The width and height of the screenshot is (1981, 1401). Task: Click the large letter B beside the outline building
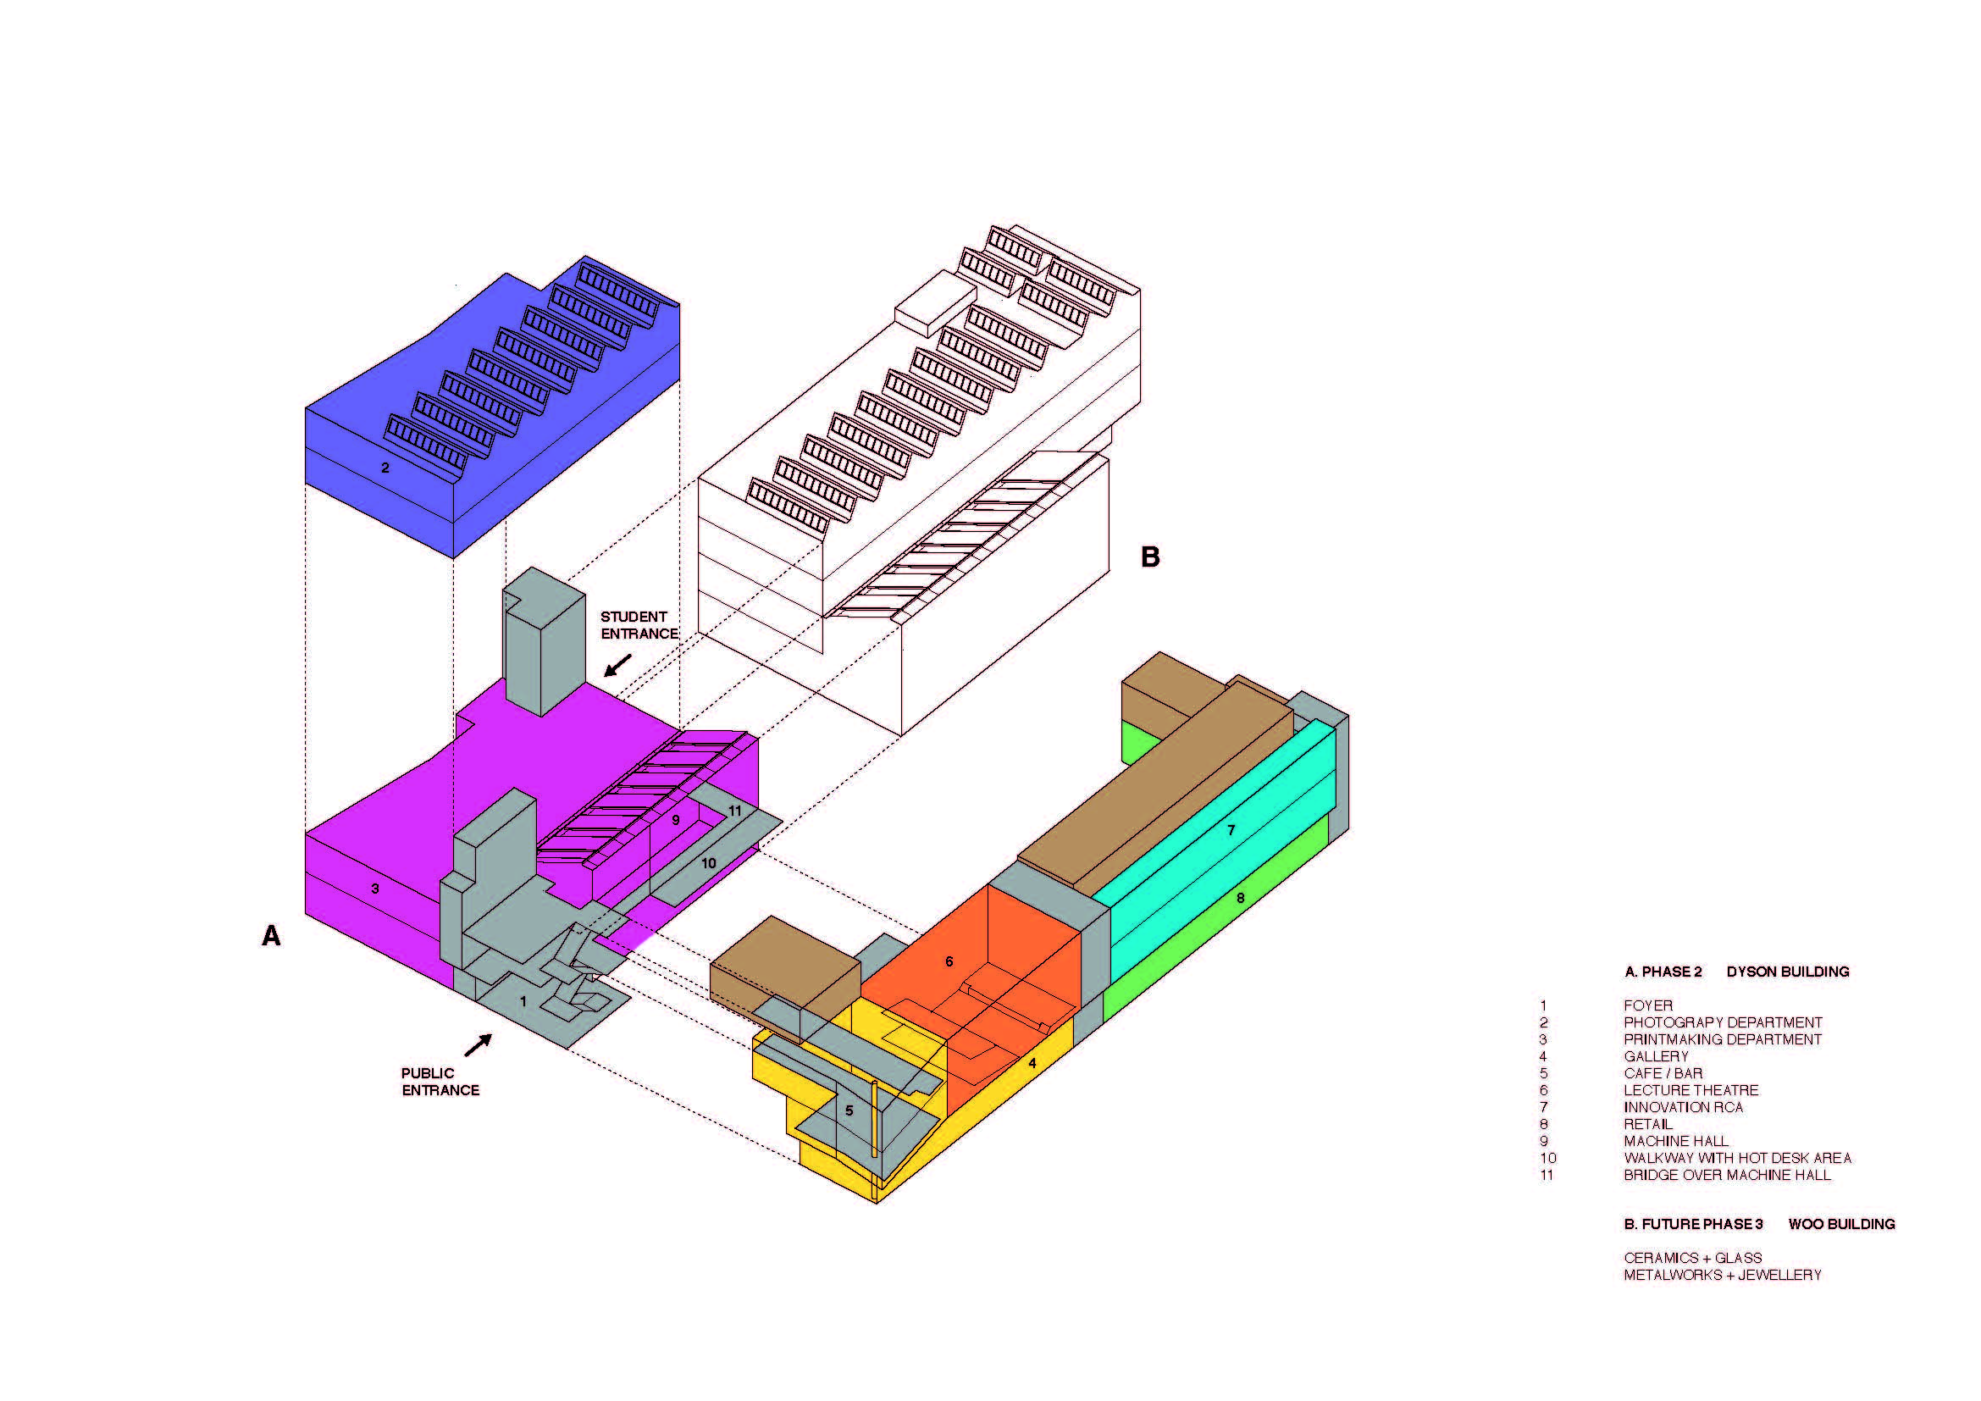point(1149,557)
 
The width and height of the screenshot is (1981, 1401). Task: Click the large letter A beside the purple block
point(271,936)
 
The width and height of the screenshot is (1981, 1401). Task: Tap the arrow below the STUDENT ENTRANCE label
point(617,665)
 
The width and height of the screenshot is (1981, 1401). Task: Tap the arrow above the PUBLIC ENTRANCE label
point(478,1045)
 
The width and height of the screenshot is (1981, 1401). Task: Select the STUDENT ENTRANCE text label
point(639,625)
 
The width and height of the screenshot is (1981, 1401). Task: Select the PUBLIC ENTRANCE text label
point(440,1082)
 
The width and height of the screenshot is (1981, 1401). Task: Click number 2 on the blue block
point(385,468)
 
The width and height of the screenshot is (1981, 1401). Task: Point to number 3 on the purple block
point(375,889)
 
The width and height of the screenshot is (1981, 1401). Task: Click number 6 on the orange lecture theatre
point(949,962)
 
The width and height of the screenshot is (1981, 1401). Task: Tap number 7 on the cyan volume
point(1231,831)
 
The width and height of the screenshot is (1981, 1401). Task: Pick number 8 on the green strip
point(1241,898)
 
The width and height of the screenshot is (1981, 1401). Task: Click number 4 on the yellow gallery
point(1032,1064)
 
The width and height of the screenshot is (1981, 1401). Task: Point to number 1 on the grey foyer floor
point(523,1002)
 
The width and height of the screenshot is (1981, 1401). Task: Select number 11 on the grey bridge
point(734,811)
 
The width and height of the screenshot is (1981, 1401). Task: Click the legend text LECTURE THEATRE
point(1690,1090)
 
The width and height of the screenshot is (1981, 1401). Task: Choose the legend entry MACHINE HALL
point(1675,1141)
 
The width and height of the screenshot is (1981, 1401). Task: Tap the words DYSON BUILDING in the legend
point(1787,972)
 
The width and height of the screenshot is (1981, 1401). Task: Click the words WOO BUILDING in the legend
point(1841,1224)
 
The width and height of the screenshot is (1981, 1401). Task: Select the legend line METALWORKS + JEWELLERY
point(1722,1275)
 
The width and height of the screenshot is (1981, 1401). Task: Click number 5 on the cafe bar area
point(849,1111)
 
